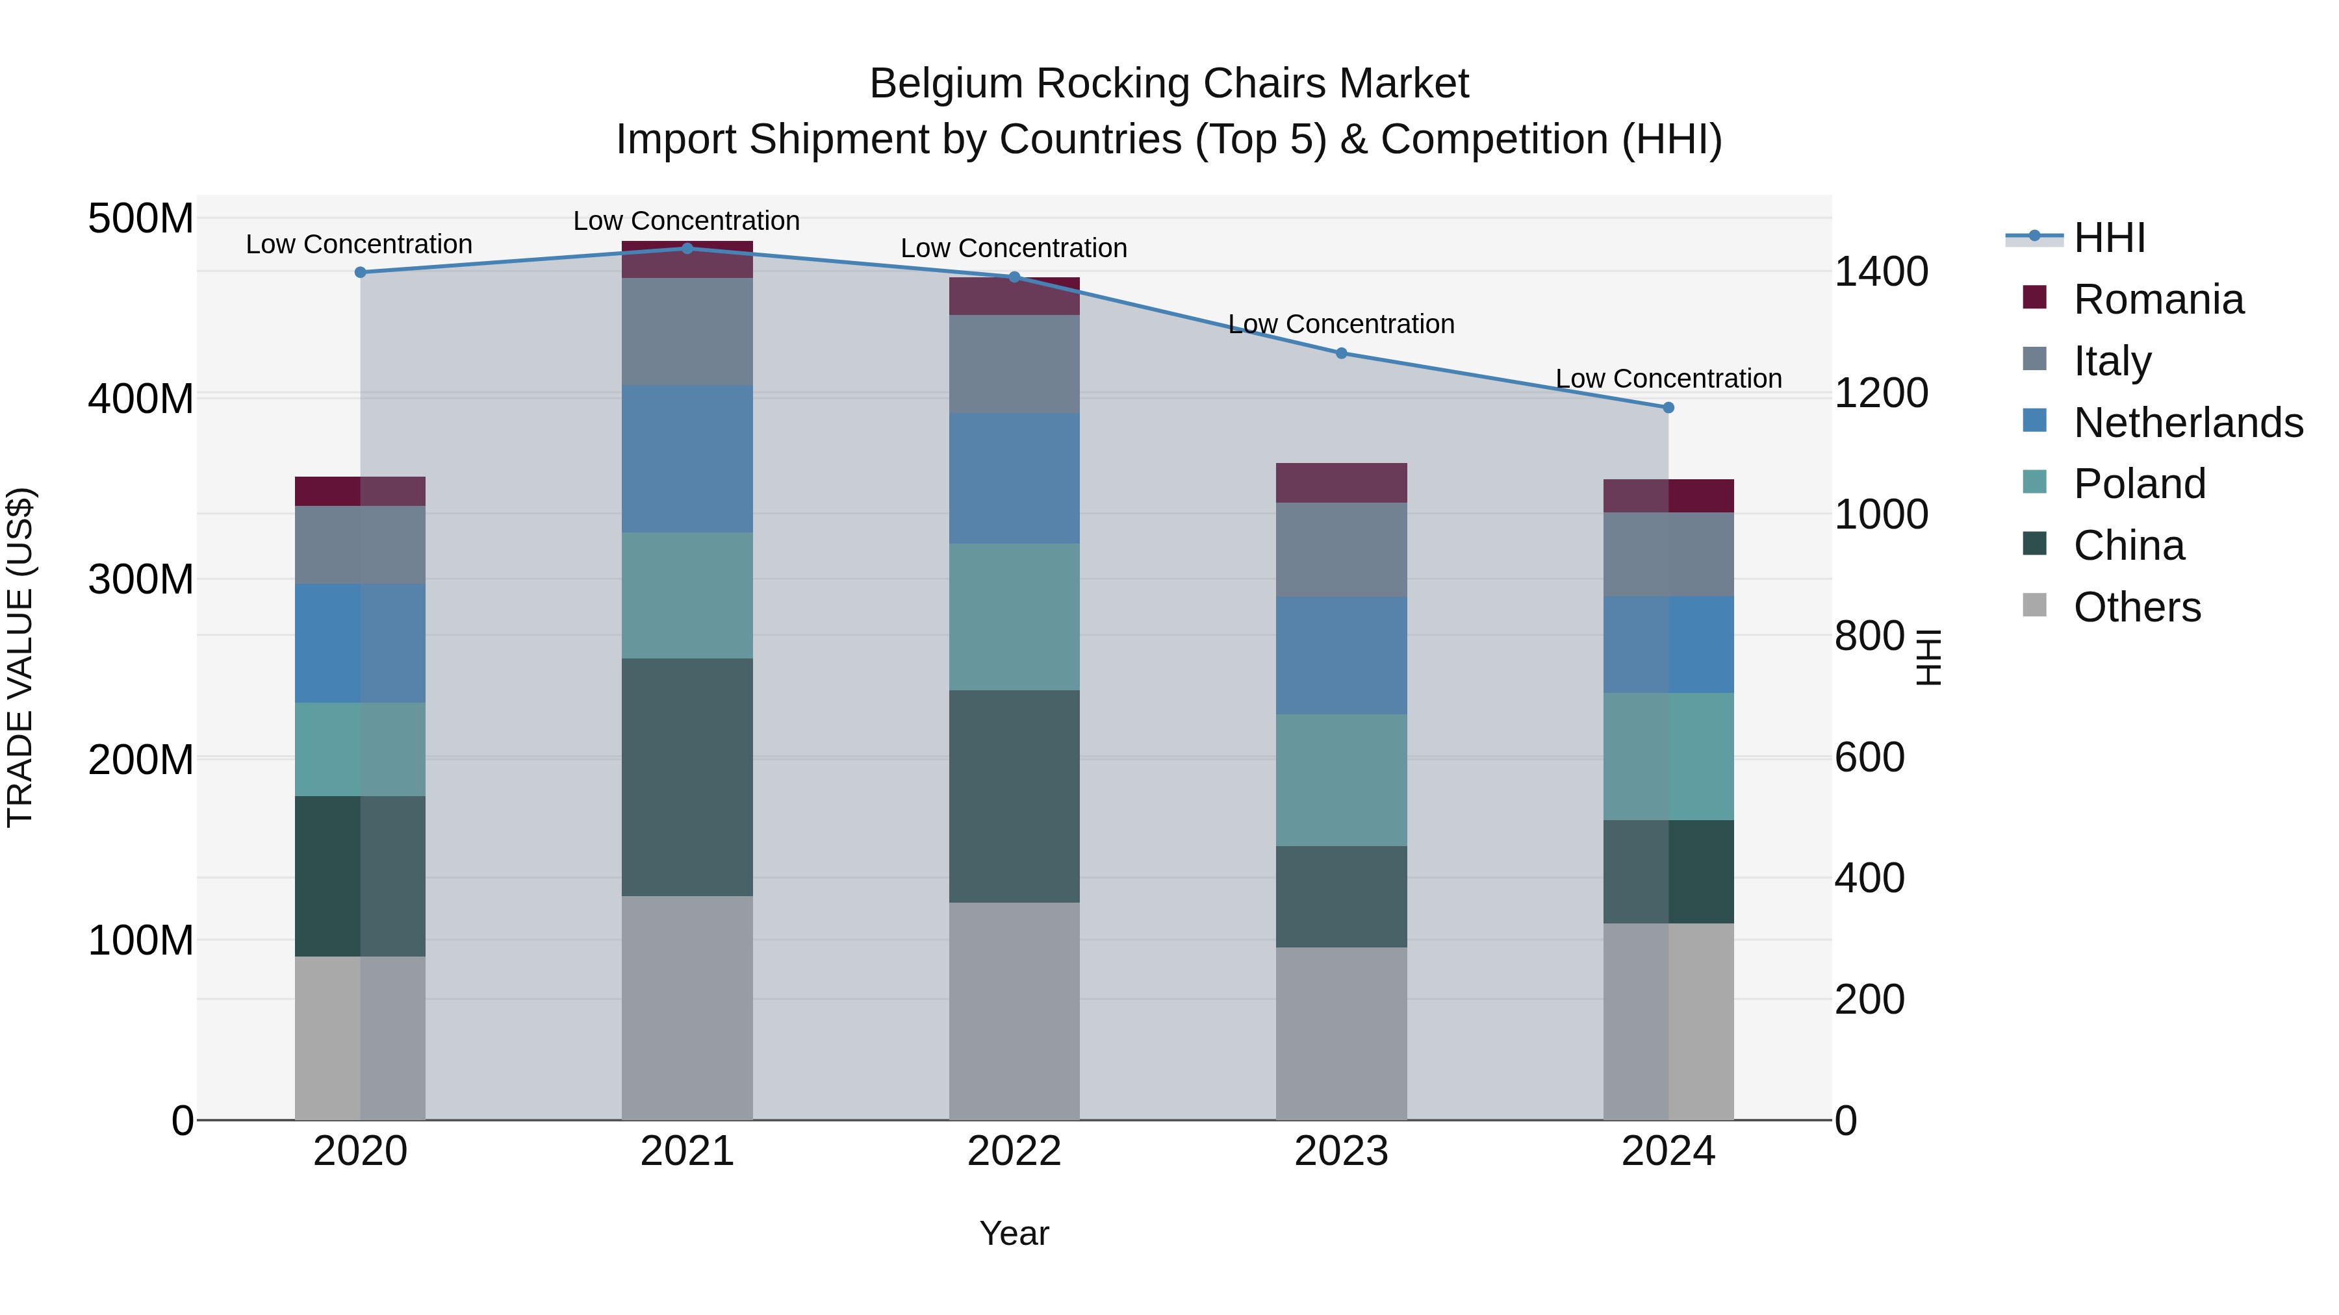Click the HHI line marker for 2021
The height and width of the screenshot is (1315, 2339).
[x=687, y=249]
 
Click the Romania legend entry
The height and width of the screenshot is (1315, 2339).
[x=2157, y=299]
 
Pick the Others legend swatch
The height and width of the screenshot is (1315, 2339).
[x=2035, y=605]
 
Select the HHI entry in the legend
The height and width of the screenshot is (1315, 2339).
[x=2108, y=238]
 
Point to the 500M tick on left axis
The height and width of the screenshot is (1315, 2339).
[x=141, y=219]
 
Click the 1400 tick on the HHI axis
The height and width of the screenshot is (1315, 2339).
[x=1880, y=271]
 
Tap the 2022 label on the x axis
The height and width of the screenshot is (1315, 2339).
[x=1014, y=1151]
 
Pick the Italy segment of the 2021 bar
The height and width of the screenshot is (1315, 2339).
[x=687, y=331]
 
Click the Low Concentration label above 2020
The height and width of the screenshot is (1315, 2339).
[x=359, y=244]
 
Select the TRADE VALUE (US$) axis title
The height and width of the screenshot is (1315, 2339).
[x=20, y=657]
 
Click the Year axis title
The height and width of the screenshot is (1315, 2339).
[x=1014, y=1233]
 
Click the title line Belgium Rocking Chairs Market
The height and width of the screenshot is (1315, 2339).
[x=1169, y=84]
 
